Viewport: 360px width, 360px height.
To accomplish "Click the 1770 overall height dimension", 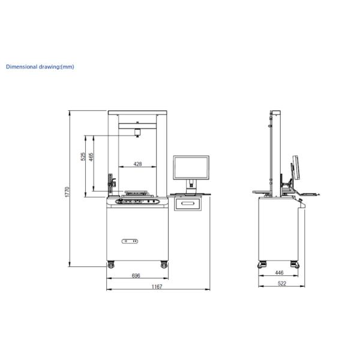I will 67,192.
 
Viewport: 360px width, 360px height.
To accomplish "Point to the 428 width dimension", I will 137,164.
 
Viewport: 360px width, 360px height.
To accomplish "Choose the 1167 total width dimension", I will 157,287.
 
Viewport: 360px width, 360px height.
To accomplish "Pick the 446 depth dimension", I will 279,272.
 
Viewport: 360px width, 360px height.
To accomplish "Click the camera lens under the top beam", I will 137,133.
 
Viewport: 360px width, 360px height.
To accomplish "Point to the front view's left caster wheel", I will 111,264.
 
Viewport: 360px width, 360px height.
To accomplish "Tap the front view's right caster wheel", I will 163,264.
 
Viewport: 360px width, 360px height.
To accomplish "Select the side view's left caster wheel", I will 262,263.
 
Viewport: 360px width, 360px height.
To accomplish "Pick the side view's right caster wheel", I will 293,263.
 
